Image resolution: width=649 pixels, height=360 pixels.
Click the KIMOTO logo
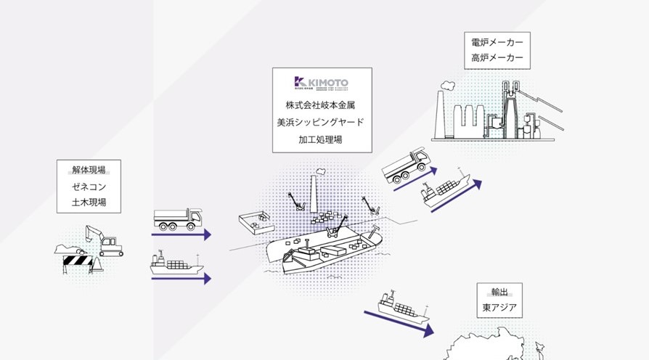point(321,83)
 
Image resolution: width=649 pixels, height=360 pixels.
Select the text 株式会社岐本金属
point(322,105)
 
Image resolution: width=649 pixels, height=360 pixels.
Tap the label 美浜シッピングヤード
point(322,121)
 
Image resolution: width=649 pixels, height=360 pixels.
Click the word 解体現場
point(89,171)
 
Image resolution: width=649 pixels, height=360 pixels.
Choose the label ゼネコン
point(89,187)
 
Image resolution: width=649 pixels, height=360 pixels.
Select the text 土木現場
point(89,202)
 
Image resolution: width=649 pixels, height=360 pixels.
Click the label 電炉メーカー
point(497,42)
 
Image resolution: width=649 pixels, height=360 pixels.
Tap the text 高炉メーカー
point(497,58)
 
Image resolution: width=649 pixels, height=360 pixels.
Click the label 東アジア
point(499,308)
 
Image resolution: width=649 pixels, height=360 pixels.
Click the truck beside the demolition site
point(178,218)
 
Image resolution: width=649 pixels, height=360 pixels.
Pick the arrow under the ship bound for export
point(399,322)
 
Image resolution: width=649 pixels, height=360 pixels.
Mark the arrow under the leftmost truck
point(181,234)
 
